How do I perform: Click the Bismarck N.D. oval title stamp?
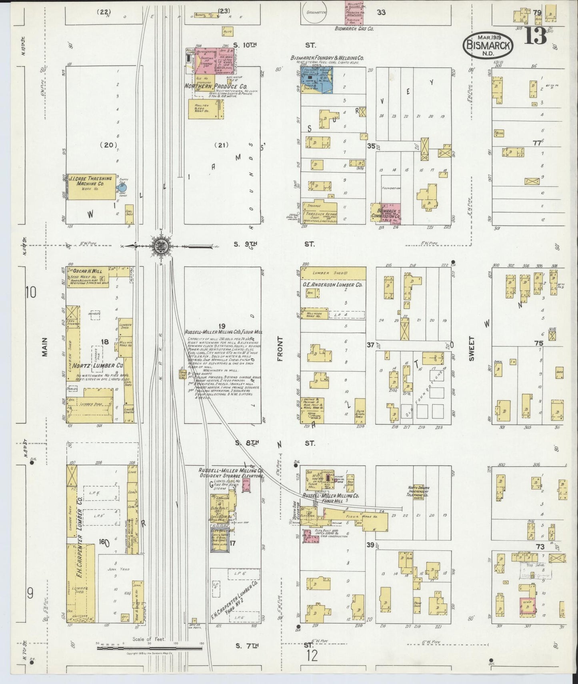tap(488, 46)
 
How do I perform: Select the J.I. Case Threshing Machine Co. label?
tap(91, 181)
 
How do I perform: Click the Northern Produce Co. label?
tap(216, 86)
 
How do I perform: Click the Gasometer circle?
tap(316, 12)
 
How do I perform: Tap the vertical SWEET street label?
tap(471, 348)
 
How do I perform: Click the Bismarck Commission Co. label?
tap(386, 213)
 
